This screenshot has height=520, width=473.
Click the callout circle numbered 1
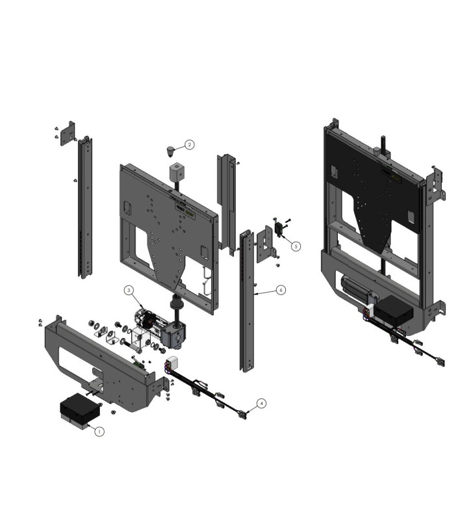(99, 430)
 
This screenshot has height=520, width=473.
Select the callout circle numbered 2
(189, 145)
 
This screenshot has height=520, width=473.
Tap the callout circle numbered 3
(129, 290)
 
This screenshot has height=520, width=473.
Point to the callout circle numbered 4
(261, 403)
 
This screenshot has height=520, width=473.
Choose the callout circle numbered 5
(296, 246)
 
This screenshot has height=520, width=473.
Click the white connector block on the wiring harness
(173, 363)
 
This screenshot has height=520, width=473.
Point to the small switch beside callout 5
(281, 228)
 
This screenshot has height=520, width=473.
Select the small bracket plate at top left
(68, 133)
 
